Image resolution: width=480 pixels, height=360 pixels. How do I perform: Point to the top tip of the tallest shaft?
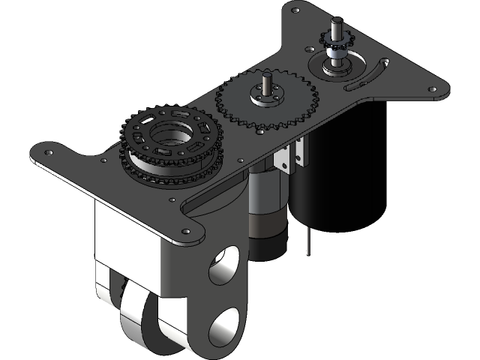337,20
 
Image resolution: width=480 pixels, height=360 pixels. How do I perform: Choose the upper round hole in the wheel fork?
223,268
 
